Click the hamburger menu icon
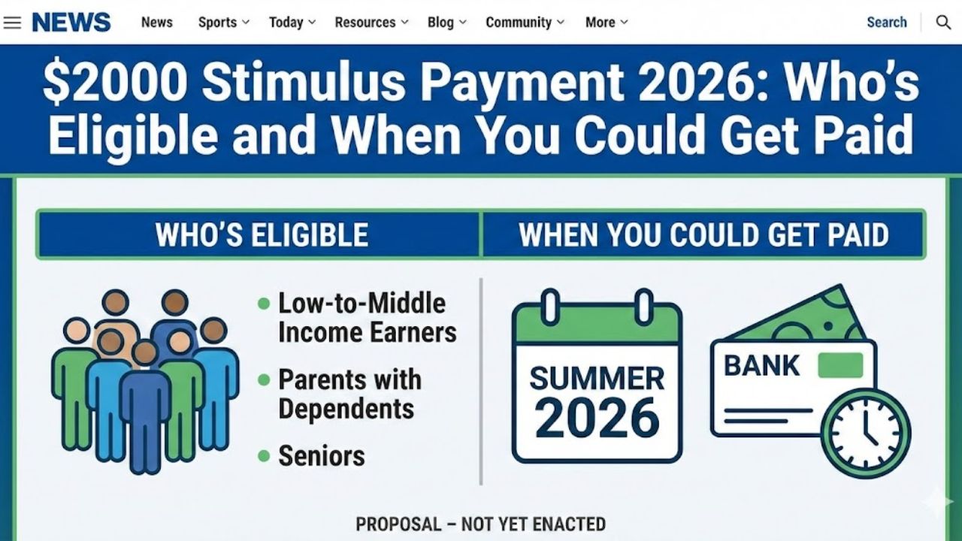pyautogui.click(x=12, y=23)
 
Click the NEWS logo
pyautogui.click(x=71, y=23)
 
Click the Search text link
pyautogui.click(x=887, y=23)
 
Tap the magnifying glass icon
pyautogui.click(x=943, y=23)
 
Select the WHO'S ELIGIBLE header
pyautogui.click(x=262, y=235)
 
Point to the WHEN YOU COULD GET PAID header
pyautogui.click(x=703, y=235)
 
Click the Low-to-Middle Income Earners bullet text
pyautogui.click(x=367, y=318)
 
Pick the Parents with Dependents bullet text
pyautogui.click(x=349, y=394)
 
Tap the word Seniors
pyautogui.click(x=322, y=455)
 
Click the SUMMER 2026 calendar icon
pyautogui.click(x=597, y=379)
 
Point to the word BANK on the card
pyautogui.click(x=761, y=366)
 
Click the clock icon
pyautogui.click(x=865, y=433)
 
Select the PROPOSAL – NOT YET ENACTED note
pyautogui.click(x=481, y=524)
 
